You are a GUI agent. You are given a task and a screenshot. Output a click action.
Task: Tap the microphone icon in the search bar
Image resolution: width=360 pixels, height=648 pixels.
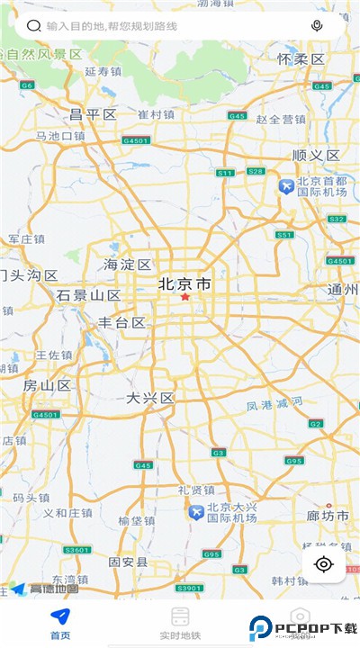coord(317,26)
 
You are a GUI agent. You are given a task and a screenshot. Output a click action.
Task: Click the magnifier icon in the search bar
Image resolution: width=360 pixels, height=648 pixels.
coord(33,26)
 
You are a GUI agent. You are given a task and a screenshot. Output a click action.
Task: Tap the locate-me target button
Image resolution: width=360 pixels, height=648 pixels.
coord(324,564)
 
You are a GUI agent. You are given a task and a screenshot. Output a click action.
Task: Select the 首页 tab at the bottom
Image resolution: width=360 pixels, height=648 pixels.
coord(60,623)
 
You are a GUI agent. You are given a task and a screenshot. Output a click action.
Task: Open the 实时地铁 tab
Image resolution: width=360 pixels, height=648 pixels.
coord(180,623)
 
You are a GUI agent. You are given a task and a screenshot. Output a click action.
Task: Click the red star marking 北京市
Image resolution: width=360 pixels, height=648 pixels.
coord(185,297)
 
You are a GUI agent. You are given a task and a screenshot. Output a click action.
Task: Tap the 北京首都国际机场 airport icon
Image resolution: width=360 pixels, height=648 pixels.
coord(286,186)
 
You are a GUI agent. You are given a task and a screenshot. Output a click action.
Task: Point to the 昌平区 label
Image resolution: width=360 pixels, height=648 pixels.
coord(94,114)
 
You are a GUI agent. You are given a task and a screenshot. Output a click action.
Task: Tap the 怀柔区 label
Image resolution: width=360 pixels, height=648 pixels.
coord(301,58)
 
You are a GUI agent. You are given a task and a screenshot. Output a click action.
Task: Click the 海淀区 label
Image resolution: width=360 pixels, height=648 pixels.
coord(127,265)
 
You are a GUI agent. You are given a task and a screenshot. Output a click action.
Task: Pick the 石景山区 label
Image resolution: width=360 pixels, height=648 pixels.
coord(88,295)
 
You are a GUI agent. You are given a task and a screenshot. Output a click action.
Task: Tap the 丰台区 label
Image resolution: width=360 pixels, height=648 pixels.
coord(121,322)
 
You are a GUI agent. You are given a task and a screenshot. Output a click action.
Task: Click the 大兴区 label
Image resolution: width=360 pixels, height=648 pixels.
coord(149,398)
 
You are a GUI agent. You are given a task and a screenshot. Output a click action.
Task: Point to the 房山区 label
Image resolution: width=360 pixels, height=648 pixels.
coord(47,385)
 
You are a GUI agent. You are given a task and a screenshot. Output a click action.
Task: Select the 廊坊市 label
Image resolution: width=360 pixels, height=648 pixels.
coord(326,515)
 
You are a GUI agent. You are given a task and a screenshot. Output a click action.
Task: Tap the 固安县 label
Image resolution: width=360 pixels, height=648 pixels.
coord(128,562)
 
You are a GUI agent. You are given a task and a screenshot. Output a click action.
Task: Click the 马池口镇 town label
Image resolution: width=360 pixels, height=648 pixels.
coord(60,136)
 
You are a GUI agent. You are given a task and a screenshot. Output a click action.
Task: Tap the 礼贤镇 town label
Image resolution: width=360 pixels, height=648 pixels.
coord(195,490)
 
